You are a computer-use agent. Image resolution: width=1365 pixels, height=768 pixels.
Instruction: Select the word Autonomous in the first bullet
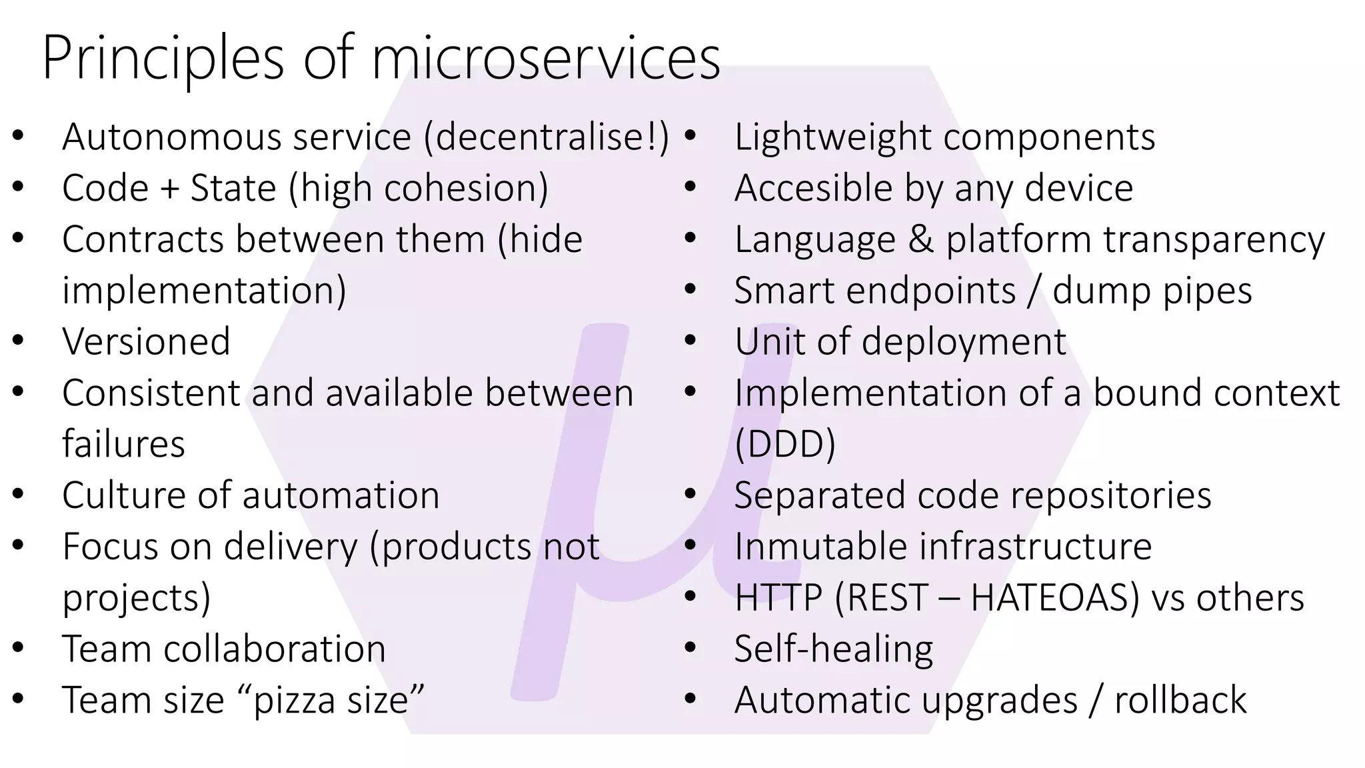[170, 137]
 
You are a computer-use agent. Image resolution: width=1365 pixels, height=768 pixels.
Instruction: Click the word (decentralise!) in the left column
[547, 137]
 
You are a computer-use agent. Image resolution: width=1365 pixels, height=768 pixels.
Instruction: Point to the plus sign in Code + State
[169, 189]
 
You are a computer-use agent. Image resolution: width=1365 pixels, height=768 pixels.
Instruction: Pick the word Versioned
[146, 342]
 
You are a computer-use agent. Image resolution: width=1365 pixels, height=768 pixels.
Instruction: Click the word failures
[123, 445]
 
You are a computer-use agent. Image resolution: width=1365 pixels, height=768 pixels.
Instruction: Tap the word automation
[341, 495]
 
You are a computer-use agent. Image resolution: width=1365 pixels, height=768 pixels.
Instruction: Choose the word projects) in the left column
[136, 598]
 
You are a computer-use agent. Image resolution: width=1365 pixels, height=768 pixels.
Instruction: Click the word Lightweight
[832, 137]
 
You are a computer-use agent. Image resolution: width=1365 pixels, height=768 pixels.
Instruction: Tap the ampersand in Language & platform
[920, 240]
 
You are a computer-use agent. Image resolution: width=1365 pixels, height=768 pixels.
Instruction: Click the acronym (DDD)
[784, 445]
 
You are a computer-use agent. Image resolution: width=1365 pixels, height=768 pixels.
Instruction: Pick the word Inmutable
[820, 547]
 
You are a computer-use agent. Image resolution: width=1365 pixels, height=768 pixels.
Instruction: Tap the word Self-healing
[833, 649]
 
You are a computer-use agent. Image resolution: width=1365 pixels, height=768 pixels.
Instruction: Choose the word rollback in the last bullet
[1180, 700]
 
